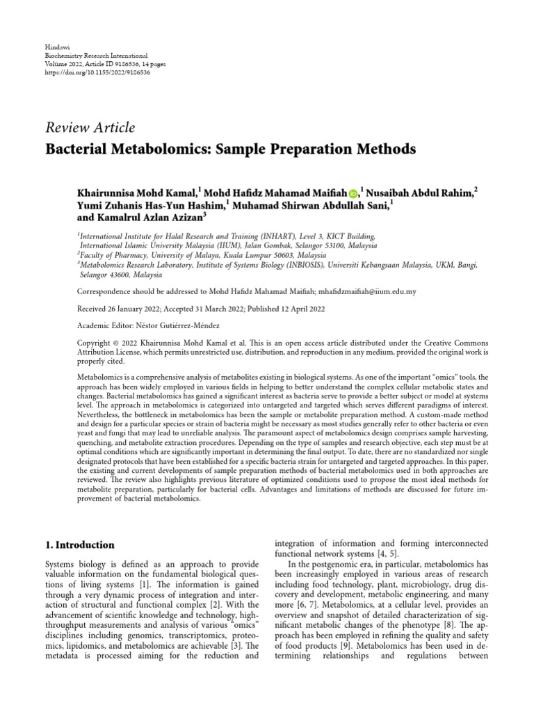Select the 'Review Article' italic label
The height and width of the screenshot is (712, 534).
(x=90, y=127)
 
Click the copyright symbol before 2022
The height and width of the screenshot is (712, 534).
(x=115, y=343)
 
